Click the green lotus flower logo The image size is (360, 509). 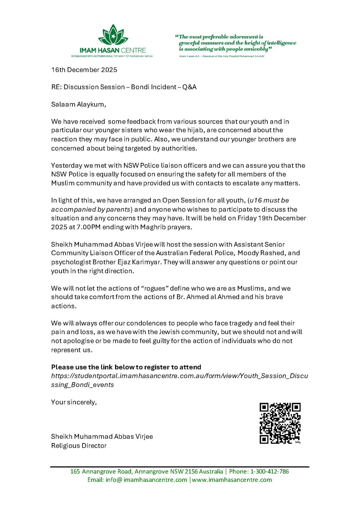pos(113,35)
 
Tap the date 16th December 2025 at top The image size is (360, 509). pos(84,70)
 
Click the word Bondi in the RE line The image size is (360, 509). pos(140,87)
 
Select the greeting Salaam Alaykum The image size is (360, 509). pos(78,104)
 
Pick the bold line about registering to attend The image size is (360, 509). pos(126,367)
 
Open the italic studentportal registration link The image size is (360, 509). pos(179,376)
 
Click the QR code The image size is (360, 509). pos(280,423)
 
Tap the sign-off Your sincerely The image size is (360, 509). pos(74,402)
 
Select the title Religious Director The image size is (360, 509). pos(79,446)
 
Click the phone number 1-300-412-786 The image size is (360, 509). pos(270,472)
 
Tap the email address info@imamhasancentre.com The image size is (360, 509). pos(146,480)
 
